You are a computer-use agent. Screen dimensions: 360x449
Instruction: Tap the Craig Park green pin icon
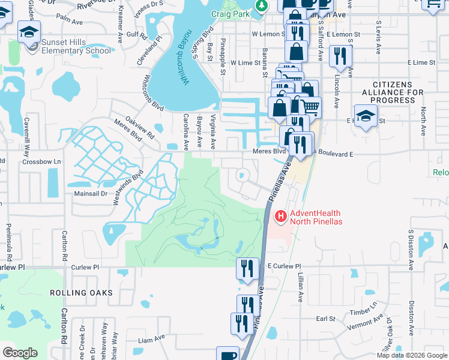point(261,5)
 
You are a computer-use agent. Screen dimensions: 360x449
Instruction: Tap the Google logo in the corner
point(20,353)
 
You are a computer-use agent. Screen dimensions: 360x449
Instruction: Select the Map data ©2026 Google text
point(411,355)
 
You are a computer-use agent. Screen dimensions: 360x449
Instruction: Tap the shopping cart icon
point(310,107)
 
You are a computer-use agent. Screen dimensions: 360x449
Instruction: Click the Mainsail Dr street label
point(90,194)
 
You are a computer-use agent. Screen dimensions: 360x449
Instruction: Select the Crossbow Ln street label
point(42,162)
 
